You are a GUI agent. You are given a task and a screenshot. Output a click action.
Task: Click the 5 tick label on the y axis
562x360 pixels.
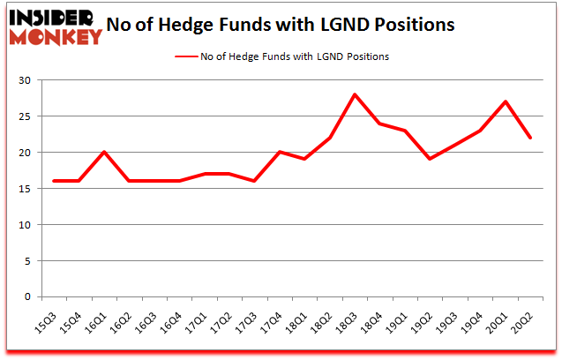click(x=28, y=260)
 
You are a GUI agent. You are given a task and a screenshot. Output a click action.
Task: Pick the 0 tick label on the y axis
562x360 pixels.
click(x=28, y=296)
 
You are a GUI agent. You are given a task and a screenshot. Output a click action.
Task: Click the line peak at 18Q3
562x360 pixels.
click(x=354, y=94)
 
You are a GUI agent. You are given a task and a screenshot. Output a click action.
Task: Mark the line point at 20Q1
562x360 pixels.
click(x=504, y=101)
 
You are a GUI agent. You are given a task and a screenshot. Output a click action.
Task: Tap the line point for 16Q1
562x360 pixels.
click(x=104, y=152)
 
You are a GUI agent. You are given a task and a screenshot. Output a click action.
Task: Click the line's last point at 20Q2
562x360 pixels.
click(x=529, y=138)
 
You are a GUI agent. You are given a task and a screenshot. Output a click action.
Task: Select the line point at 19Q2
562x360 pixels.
click(x=429, y=160)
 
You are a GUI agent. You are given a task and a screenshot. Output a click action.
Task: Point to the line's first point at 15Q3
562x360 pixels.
click(x=54, y=181)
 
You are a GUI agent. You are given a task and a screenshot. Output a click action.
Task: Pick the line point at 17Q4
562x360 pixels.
click(x=279, y=152)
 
